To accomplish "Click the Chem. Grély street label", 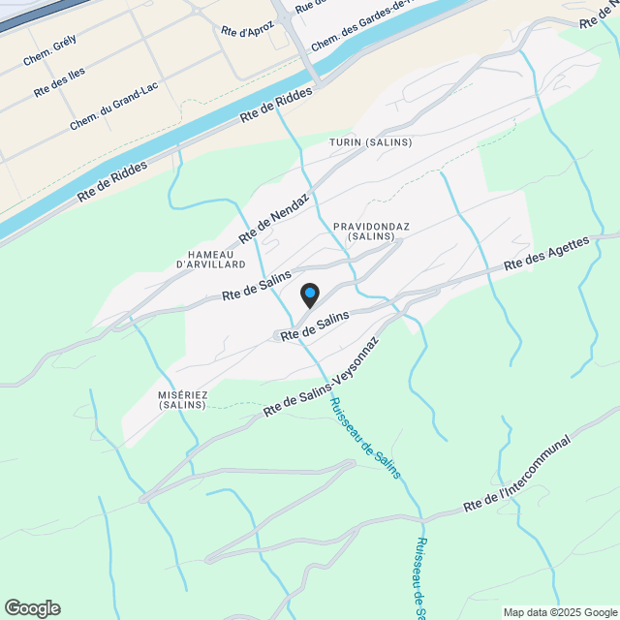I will click(49, 53).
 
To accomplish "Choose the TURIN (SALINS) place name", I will click(371, 142).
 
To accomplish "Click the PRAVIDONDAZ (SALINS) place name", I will click(371, 232).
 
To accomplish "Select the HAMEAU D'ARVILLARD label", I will click(211, 259).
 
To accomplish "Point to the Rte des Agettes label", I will click(547, 253).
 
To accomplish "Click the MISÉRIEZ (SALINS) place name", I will click(182, 400).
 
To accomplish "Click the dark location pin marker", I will click(309, 294).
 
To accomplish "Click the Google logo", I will click(31, 608).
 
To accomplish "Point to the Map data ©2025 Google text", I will click(560, 612).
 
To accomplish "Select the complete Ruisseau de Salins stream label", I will click(365, 439).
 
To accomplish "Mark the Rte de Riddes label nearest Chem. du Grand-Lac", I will click(112, 182).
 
